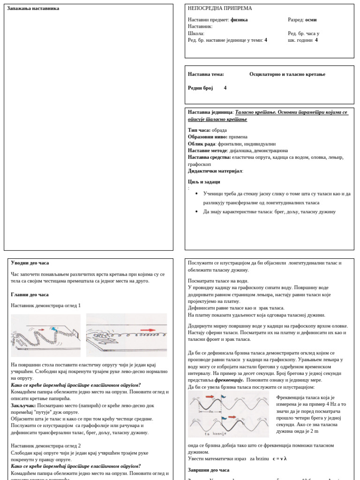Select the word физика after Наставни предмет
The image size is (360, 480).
pos(239,20)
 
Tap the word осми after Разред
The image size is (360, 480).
pos(311,20)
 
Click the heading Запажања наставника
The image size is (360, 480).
pos(33,8)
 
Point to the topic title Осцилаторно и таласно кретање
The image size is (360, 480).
pos(287,74)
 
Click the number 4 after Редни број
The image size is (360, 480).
pos(225,88)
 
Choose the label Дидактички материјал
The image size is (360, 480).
pos(215,171)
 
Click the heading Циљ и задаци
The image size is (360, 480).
pos(204,182)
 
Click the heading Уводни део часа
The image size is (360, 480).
pos(30,263)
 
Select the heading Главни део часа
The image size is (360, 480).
pos(30,294)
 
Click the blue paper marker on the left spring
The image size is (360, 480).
pos(54,330)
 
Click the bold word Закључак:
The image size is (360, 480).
pos(23,405)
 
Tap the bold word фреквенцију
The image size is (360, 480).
pos(229,380)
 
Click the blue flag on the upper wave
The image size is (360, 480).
pos(223,397)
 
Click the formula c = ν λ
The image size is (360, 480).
pos(279,459)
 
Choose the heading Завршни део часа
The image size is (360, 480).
pos(209,470)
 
